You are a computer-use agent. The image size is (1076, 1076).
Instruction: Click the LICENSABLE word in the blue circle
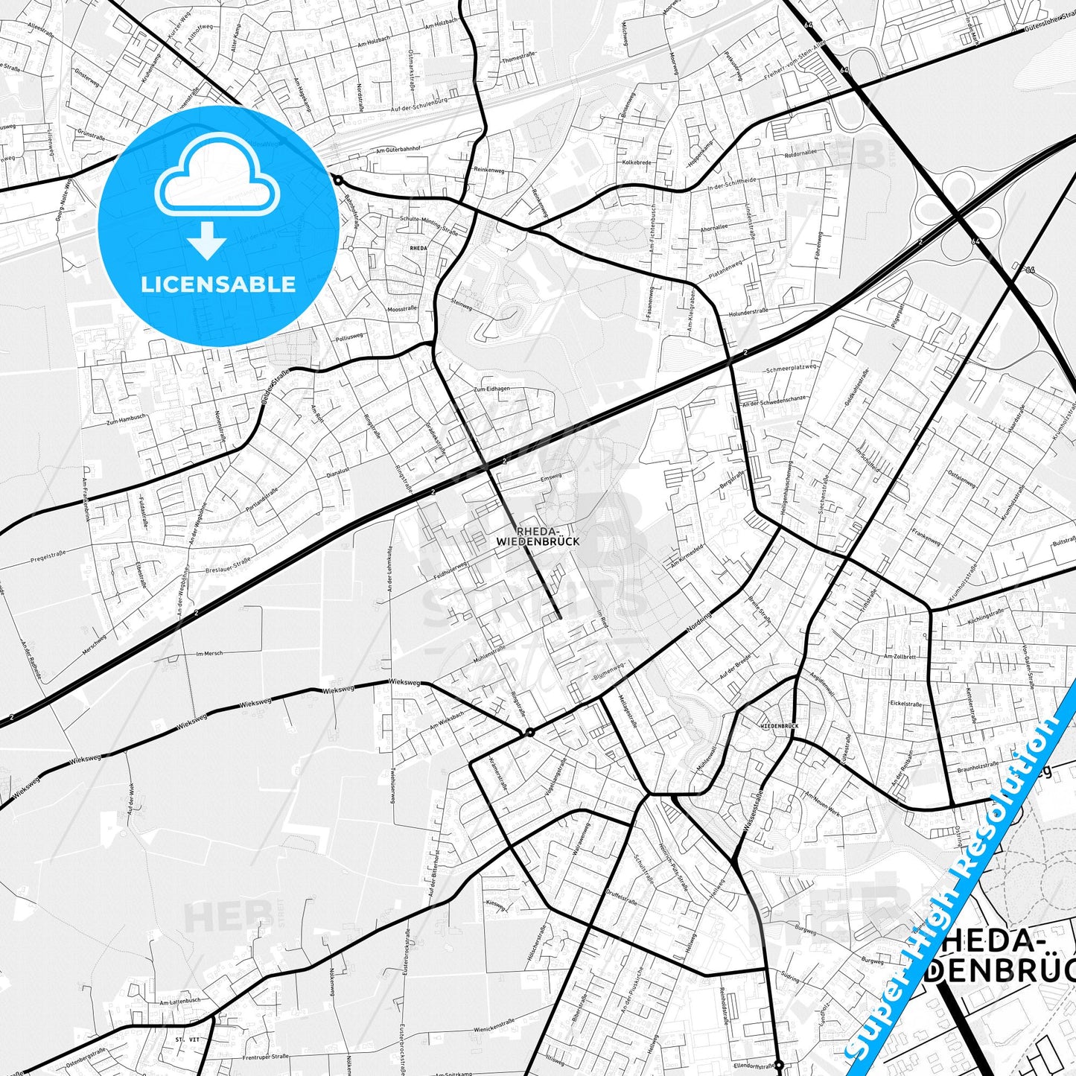point(218,284)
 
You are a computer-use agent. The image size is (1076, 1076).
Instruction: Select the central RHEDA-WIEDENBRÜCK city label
point(537,536)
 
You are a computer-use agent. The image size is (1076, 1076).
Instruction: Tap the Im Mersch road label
point(209,654)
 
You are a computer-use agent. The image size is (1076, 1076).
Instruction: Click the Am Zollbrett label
point(900,657)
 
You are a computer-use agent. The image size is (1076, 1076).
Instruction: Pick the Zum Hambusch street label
point(124,420)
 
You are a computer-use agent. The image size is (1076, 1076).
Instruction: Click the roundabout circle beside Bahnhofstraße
point(338,180)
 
